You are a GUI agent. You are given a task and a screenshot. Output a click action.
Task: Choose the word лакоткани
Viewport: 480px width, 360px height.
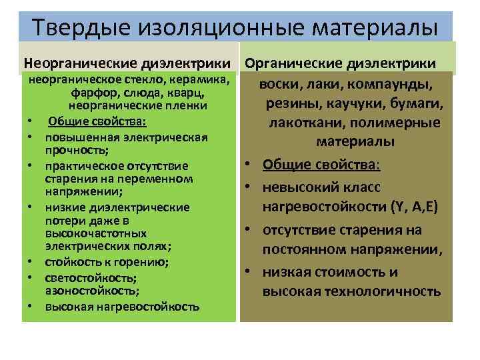point(306,123)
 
